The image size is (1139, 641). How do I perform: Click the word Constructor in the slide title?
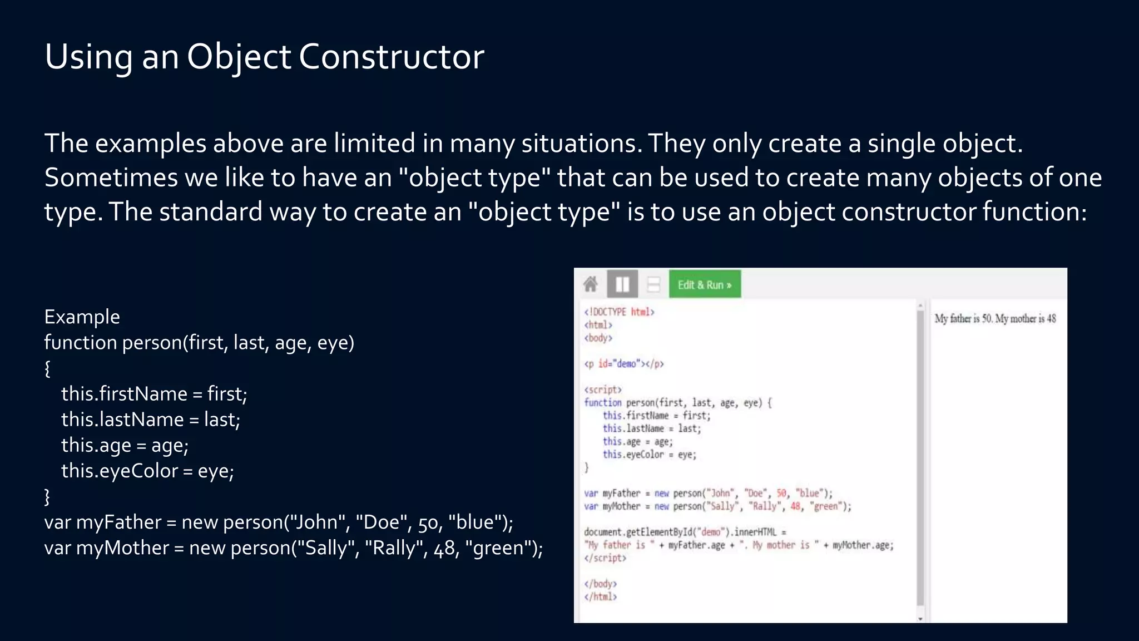coord(391,57)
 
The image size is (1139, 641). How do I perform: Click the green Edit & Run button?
coord(705,285)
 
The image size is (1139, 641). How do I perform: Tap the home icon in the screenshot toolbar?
coord(591,284)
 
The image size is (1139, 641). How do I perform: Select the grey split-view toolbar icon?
coord(622,284)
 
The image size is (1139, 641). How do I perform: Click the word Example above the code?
coord(82,317)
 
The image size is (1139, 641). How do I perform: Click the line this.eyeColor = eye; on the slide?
coord(147,471)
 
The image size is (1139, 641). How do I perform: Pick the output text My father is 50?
coord(963,319)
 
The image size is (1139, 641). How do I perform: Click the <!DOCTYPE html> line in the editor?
coord(619,312)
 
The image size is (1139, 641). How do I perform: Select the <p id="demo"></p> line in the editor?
coord(623,364)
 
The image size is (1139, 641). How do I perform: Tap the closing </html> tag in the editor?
coord(600,597)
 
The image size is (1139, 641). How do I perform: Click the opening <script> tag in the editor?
coord(602,389)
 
